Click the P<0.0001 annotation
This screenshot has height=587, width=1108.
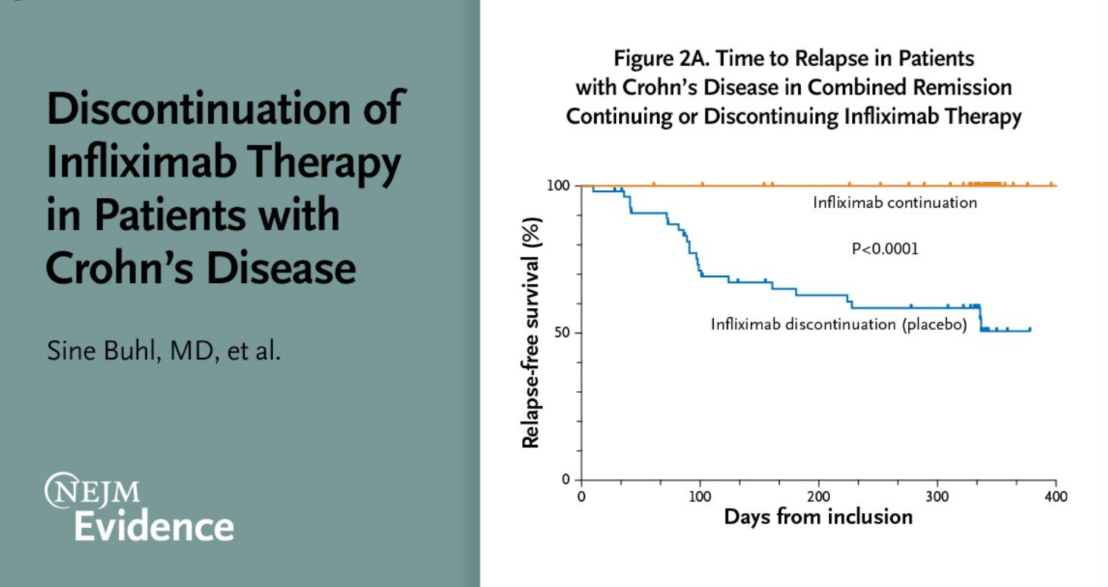[885, 249]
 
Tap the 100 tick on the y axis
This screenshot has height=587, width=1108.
[558, 185]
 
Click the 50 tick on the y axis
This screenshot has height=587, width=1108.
[562, 333]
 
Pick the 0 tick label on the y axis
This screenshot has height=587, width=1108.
[566, 480]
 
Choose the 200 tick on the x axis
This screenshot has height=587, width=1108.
[818, 495]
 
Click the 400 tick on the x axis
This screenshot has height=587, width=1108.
[1055, 495]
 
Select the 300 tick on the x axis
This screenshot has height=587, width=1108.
[937, 495]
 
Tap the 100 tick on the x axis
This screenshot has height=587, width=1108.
[700, 495]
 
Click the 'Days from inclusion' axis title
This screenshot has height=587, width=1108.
[818, 516]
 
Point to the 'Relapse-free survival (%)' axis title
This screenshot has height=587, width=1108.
[530, 333]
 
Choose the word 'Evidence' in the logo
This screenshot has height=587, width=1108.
[156, 526]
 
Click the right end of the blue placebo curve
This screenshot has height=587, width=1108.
[1030, 330]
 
